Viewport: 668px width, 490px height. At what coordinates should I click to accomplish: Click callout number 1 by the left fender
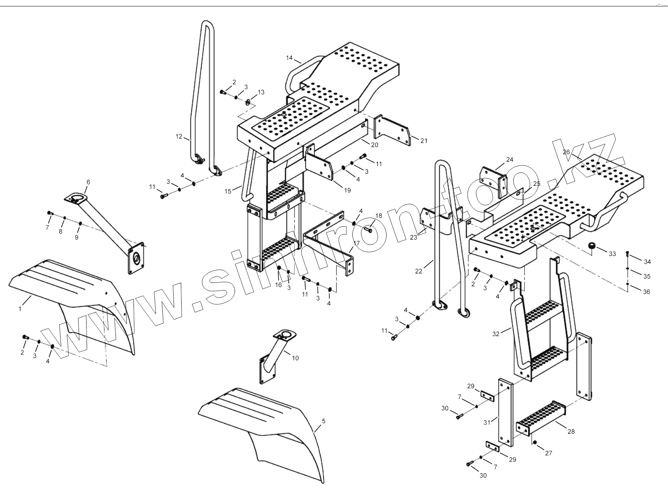pyautogui.click(x=20, y=309)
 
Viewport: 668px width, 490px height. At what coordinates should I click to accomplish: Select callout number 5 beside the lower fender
pyautogui.click(x=324, y=421)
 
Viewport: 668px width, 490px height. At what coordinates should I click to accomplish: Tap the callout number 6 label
pyautogui.click(x=88, y=182)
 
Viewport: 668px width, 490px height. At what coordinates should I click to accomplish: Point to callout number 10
pyautogui.click(x=295, y=358)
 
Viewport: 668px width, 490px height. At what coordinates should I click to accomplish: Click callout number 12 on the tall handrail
pyautogui.click(x=179, y=136)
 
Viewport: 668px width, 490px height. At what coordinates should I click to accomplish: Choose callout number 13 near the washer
pyautogui.click(x=261, y=92)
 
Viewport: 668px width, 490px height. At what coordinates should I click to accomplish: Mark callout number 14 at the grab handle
pyautogui.click(x=289, y=58)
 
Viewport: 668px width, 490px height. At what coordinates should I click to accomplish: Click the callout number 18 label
pyautogui.click(x=379, y=216)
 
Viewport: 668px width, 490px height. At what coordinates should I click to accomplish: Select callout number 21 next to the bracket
pyautogui.click(x=424, y=140)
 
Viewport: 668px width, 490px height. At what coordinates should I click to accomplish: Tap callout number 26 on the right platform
pyautogui.click(x=566, y=152)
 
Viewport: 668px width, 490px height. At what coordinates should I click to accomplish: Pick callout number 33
pyautogui.click(x=612, y=254)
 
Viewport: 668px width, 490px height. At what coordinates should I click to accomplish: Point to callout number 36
pyautogui.click(x=646, y=292)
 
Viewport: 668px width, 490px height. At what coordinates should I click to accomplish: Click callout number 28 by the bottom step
pyautogui.click(x=571, y=431)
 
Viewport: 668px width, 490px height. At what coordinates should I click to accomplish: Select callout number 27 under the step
pyautogui.click(x=549, y=453)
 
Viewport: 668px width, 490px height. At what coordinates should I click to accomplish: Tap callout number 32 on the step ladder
pyautogui.click(x=496, y=334)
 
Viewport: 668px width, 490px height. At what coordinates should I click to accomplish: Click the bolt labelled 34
pyautogui.click(x=628, y=254)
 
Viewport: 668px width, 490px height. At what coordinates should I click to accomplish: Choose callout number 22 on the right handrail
pyautogui.click(x=419, y=271)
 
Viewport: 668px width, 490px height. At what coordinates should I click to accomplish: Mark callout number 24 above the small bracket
pyautogui.click(x=509, y=159)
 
